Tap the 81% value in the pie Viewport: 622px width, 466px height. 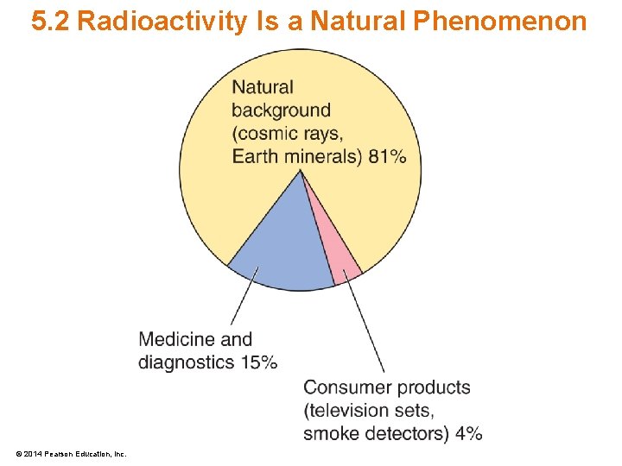point(387,156)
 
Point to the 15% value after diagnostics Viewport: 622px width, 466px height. point(259,362)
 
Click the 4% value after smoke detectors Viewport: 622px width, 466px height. point(468,433)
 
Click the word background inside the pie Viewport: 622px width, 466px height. point(281,110)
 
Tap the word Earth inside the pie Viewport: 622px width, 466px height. point(252,156)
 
